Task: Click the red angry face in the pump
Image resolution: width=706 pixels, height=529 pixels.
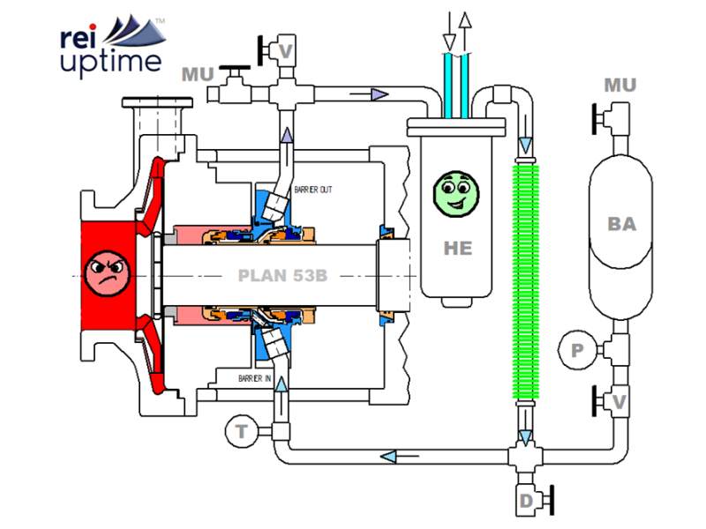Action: coord(107,270)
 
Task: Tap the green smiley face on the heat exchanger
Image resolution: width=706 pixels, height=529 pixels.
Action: coord(456,191)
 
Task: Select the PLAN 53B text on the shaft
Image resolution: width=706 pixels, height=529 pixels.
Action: coord(282,275)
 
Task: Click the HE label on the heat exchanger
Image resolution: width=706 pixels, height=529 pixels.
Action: coord(458,249)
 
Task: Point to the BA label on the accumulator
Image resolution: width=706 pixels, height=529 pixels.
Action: coord(621,224)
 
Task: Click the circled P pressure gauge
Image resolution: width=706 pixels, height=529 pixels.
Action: coord(577,351)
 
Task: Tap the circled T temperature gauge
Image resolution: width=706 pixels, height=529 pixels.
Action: coord(240,431)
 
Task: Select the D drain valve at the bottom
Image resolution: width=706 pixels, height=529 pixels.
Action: coord(527,502)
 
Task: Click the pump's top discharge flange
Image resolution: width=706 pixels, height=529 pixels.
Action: coord(160,107)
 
